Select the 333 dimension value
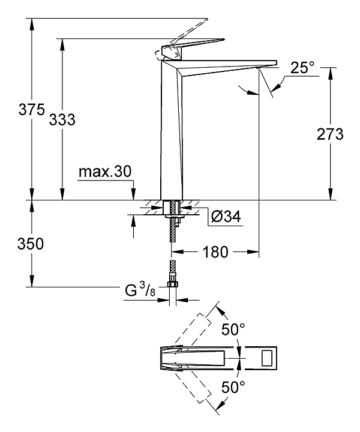pos(63,119)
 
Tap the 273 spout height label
pos(329,134)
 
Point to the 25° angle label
pos(302,68)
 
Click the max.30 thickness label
pos(104,172)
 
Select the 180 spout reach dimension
pos(215,252)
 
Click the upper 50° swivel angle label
pos(233,329)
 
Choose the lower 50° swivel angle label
pos(233,388)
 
